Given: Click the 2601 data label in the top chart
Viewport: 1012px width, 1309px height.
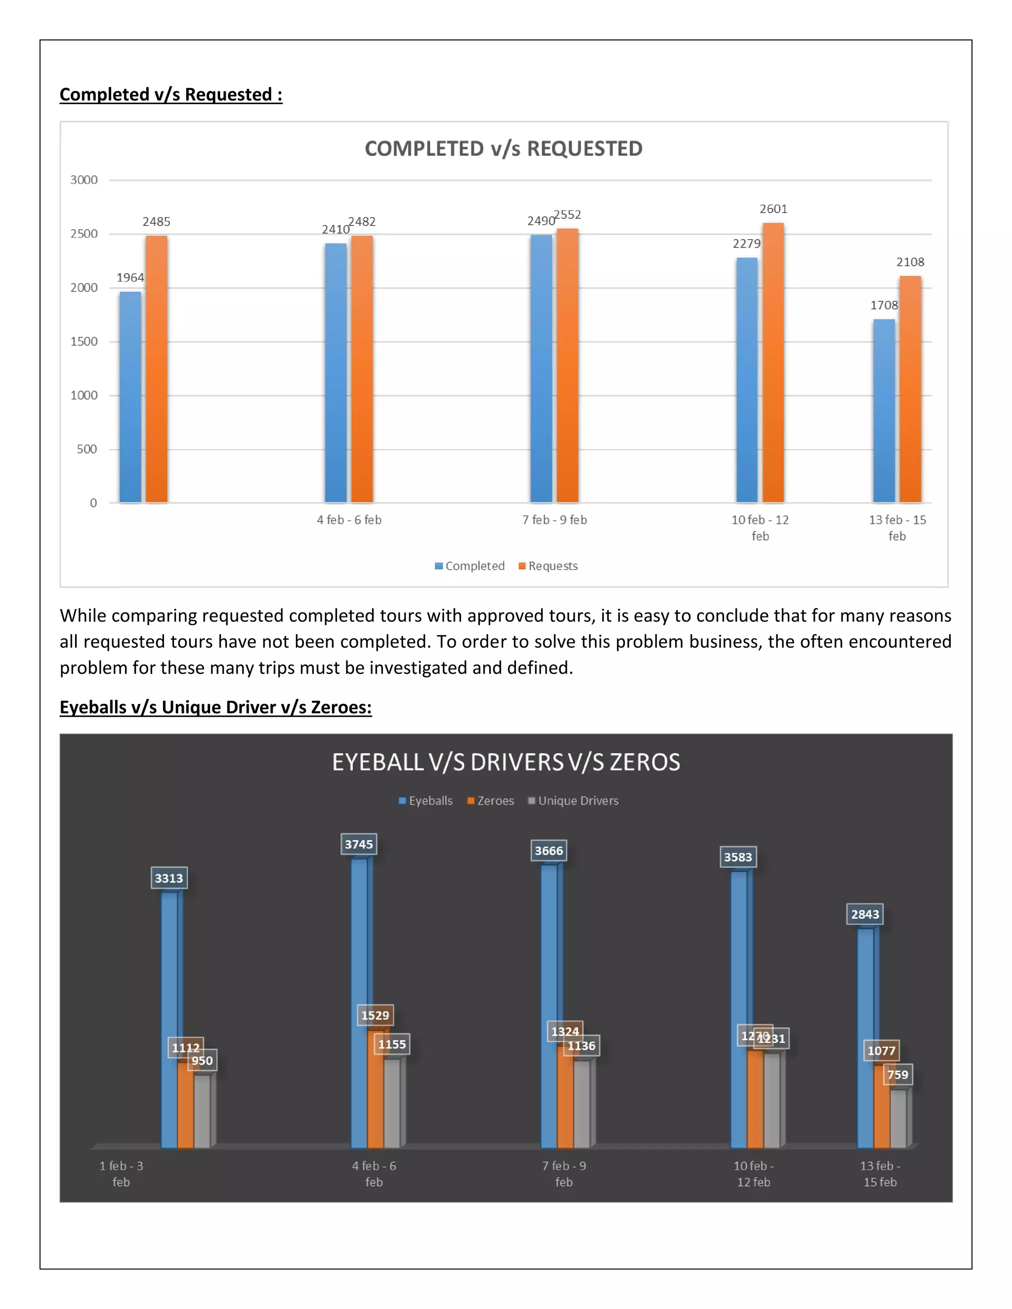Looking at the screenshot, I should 773,209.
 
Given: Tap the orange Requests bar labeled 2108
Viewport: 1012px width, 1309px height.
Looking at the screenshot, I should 910,390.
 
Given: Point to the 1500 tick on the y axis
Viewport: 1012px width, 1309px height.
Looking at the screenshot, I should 84,342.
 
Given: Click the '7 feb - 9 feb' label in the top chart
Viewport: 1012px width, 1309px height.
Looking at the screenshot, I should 554,520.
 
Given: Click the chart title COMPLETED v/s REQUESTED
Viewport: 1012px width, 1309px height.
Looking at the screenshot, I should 504,149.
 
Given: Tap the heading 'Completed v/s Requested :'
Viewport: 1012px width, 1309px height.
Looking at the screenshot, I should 171,95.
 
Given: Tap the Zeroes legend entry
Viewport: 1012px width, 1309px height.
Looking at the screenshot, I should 491,801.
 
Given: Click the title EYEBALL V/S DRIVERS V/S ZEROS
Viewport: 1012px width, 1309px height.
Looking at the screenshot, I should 506,762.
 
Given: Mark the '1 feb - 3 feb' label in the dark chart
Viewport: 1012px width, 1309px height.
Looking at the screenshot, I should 121,1174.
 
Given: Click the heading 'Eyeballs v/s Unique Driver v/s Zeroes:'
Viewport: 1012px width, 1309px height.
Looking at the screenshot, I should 216,707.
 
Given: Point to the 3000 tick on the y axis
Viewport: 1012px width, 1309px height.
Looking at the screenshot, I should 84,180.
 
